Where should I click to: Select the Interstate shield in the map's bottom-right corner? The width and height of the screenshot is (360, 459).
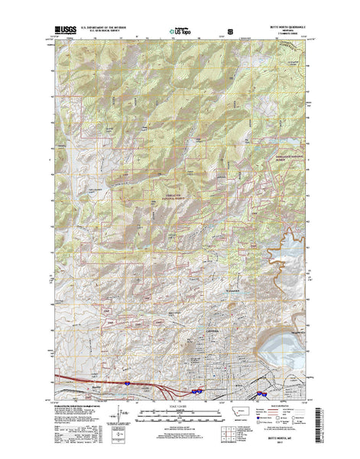point(261,395)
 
